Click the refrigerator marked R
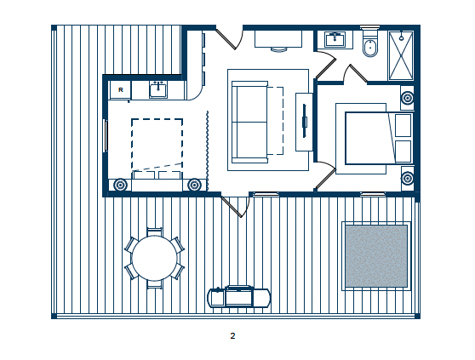coord(120,89)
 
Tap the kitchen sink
coord(157,90)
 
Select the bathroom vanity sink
coord(335,39)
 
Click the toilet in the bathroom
coord(370,43)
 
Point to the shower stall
coord(401,55)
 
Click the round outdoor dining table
coord(154,258)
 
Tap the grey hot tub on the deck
coord(376,256)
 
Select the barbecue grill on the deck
coord(238,297)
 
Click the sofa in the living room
coord(250,122)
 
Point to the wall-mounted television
coord(305,121)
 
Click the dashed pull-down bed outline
coord(157,148)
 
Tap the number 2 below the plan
coord(232,336)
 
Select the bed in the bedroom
coord(379,138)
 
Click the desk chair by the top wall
coord(278,49)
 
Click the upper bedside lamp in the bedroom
coord(408,98)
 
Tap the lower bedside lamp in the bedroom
coord(408,178)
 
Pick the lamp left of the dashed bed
coord(120,185)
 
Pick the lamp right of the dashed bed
coord(194,185)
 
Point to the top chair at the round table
coord(154,232)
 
